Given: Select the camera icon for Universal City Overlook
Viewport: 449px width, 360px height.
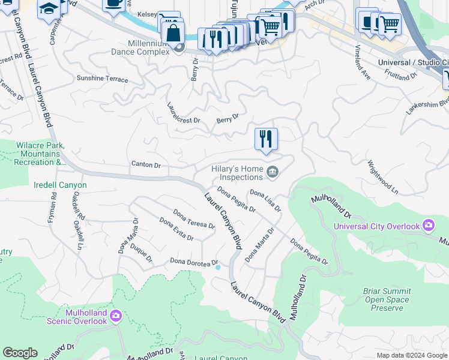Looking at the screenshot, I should (x=428, y=226).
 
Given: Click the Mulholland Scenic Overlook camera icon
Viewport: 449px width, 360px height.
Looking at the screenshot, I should (x=115, y=315).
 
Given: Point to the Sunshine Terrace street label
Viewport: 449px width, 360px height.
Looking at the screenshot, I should (x=102, y=79).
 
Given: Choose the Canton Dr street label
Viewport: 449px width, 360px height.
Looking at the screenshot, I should (x=146, y=164).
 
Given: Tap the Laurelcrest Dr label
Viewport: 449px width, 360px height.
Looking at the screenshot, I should (x=184, y=112).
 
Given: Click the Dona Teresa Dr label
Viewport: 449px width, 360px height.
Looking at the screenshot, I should (x=194, y=218).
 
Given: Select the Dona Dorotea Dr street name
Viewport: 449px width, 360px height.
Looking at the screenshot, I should (x=193, y=262).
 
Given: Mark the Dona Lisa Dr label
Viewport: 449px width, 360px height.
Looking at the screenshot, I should (x=265, y=201).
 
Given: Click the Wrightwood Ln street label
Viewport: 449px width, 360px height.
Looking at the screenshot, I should (x=383, y=176).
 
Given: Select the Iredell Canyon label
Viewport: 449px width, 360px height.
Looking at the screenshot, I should (x=60, y=185).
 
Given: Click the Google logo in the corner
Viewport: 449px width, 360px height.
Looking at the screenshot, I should (x=20, y=353).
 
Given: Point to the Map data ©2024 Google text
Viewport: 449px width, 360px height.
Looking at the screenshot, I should (x=411, y=355).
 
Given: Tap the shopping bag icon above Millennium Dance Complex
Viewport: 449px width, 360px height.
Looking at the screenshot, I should (x=173, y=34).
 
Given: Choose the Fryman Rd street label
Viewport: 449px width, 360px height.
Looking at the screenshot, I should (x=53, y=205).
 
